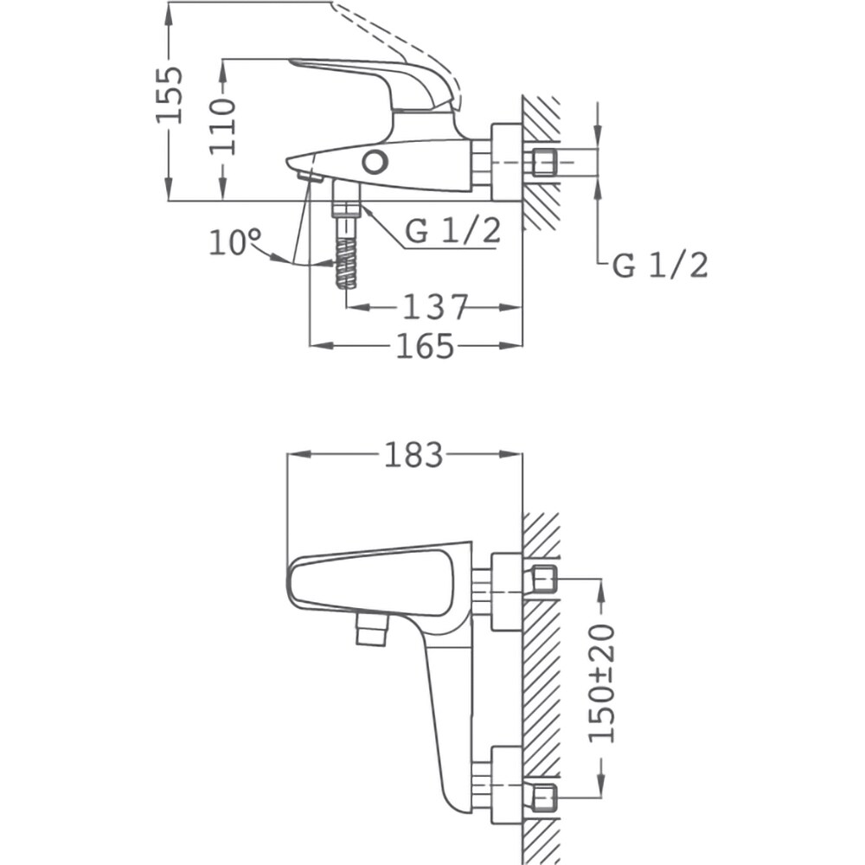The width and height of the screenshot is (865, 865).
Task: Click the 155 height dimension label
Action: pos(170,93)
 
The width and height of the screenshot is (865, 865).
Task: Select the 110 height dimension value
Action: pos(223,125)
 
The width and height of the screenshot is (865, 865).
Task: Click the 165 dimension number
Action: pos(425,346)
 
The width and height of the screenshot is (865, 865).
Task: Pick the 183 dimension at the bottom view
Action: pos(413,454)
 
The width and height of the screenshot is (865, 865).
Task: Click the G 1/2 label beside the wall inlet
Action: pos(660,266)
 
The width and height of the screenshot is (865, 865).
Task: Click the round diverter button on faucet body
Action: pos(375,162)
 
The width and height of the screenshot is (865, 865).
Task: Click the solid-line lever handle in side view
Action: pos(372,78)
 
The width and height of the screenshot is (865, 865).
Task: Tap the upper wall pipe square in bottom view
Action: pos(543,579)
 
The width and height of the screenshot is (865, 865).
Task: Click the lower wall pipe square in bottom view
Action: pos(543,797)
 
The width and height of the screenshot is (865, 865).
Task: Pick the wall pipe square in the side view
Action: pos(543,162)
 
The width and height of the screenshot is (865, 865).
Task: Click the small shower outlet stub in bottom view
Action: pos(369,632)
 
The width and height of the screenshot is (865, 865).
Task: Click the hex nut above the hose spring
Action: pos(346,208)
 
